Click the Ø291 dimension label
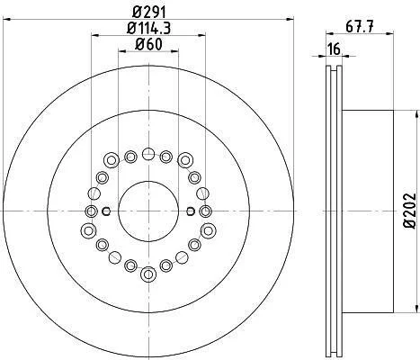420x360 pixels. pyautogui.click(x=148, y=13)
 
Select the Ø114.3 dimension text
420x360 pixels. pyautogui.click(x=148, y=29)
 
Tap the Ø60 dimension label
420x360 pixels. pyautogui.click(x=148, y=45)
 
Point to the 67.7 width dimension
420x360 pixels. pyautogui.click(x=360, y=27)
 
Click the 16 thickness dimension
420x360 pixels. pyautogui.click(x=334, y=49)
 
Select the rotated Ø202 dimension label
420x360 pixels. pyautogui.click(x=410, y=211)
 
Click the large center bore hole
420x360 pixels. pyautogui.click(x=148, y=211)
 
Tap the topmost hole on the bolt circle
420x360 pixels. pyautogui.click(x=148, y=154)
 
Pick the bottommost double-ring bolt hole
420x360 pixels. pyautogui.click(x=148, y=274)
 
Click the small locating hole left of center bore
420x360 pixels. pyautogui.click(x=106, y=211)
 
